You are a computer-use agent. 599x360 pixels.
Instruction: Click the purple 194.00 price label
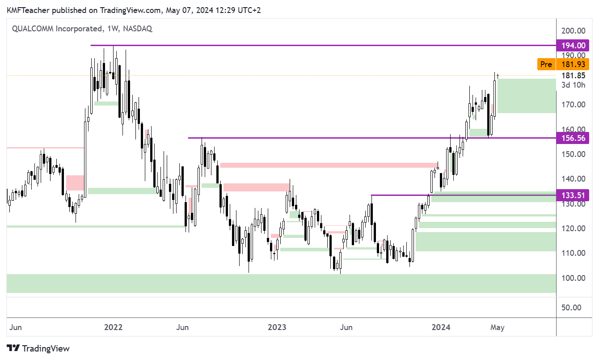573,45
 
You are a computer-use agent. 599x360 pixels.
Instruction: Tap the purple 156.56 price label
573,138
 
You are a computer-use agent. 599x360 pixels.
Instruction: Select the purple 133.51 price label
573,195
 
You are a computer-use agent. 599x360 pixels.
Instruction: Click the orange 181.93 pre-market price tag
575,64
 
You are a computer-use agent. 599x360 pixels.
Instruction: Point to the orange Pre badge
546,64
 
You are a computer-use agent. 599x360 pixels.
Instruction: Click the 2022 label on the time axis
113,327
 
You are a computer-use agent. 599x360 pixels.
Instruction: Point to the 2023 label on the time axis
277,327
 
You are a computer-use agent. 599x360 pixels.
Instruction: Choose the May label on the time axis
497,327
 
